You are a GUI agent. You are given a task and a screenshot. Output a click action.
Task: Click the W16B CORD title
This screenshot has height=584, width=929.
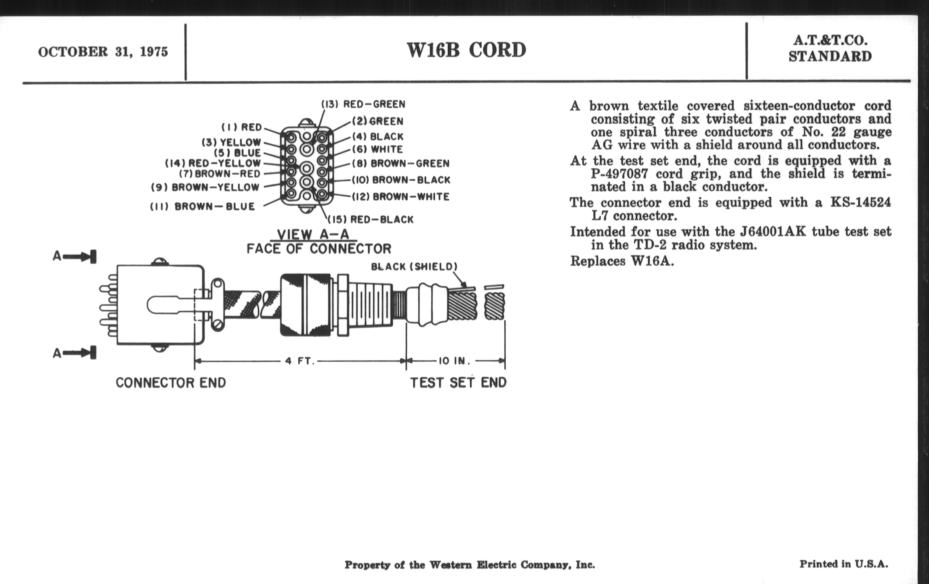pyautogui.click(x=466, y=50)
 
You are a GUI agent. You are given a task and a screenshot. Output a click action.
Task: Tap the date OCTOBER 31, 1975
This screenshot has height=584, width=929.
pyautogui.click(x=103, y=52)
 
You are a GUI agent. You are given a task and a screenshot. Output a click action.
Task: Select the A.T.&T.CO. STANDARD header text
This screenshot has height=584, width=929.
pyautogui.click(x=830, y=48)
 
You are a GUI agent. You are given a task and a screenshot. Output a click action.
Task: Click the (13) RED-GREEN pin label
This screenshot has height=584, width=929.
pyautogui.click(x=363, y=105)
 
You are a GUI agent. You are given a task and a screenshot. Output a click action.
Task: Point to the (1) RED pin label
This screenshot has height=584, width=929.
pyautogui.click(x=241, y=127)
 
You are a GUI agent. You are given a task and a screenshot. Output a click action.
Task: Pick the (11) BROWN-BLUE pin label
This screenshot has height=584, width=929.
pyautogui.click(x=202, y=206)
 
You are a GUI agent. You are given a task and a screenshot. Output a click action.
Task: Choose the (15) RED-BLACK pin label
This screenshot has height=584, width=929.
pyautogui.click(x=371, y=220)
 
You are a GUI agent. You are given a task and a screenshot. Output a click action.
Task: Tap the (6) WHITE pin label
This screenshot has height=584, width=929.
pyautogui.click(x=378, y=149)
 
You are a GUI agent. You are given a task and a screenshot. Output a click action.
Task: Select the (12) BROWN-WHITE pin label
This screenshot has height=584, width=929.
pyautogui.click(x=401, y=197)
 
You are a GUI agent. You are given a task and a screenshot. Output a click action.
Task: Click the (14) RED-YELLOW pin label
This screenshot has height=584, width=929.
pyautogui.click(x=213, y=163)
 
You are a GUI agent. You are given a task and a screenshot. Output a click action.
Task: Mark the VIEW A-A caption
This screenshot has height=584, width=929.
pyautogui.click(x=313, y=234)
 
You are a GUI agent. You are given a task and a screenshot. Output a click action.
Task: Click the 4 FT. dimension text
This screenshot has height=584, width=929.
pyautogui.click(x=300, y=361)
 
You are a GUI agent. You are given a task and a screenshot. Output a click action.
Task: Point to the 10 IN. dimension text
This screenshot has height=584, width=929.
pyautogui.click(x=454, y=361)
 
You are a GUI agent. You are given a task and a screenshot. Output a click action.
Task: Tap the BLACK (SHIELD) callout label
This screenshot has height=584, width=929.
pyautogui.click(x=414, y=267)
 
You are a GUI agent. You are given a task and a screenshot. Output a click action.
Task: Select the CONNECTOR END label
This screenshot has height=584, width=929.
pyautogui.click(x=171, y=383)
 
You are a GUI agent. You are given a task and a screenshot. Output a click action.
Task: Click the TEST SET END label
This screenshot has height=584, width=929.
pyautogui.click(x=458, y=383)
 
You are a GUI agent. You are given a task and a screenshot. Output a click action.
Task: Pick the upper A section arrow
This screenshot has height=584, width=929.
pyautogui.click(x=75, y=257)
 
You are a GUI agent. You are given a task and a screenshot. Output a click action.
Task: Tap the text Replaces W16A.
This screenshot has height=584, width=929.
pyautogui.click(x=622, y=261)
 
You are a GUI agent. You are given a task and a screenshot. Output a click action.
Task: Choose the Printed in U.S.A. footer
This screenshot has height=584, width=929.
pyautogui.click(x=844, y=564)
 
